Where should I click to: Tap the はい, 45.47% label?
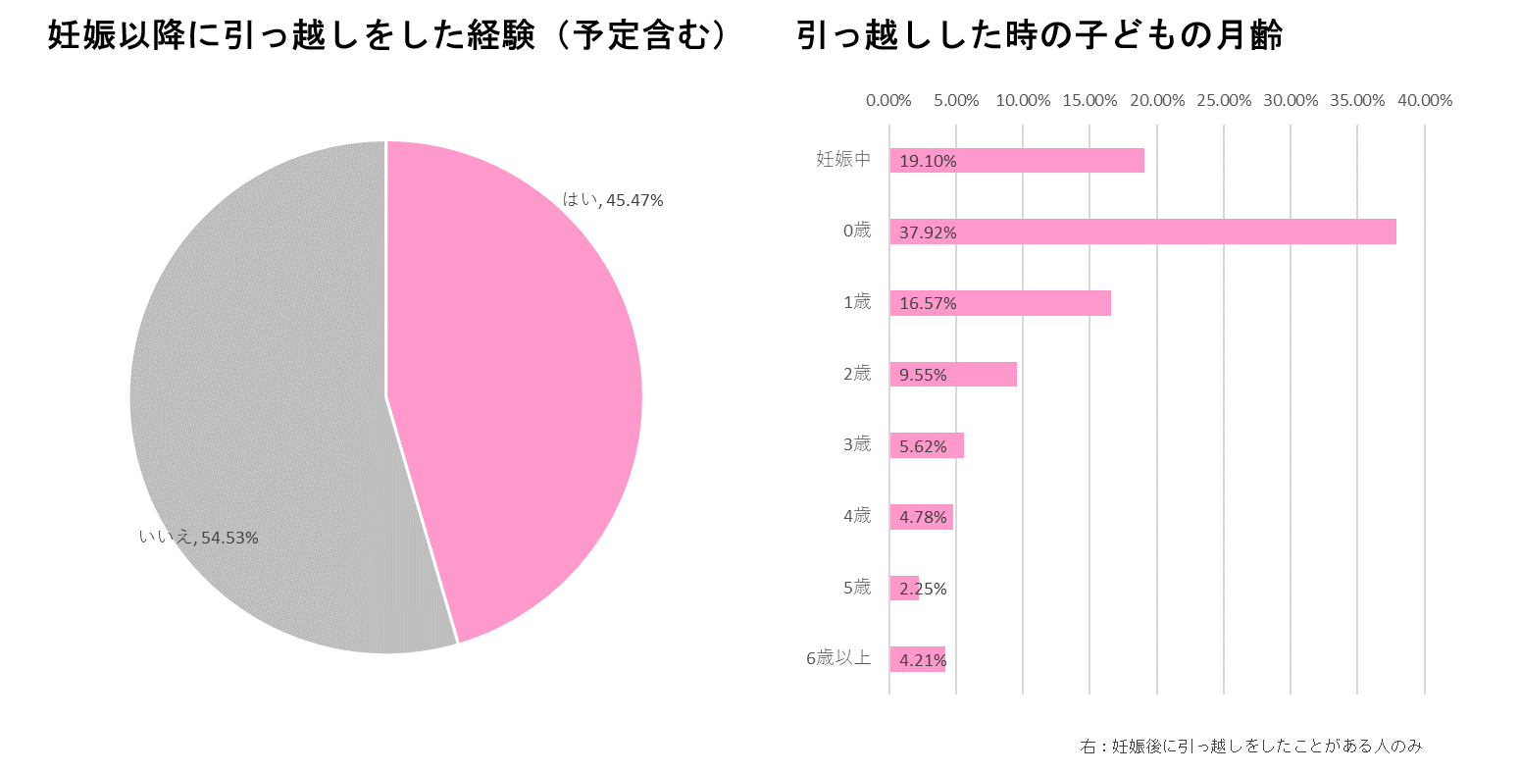pyautogui.click(x=613, y=200)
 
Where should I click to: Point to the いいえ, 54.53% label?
pyautogui.click(x=198, y=538)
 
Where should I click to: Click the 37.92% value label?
pyautogui.click(x=928, y=232)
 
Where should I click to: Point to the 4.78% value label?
pyautogui.click(x=923, y=517)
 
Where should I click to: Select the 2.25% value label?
pyautogui.click(x=923, y=589)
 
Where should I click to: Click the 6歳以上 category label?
pyautogui.click(x=838, y=658)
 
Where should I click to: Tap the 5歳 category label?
pyautogui.click(x=857, y=588)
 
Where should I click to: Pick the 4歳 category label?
pyautogui.click(x=857, y=515)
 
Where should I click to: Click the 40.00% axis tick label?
pyautogui.click(x=1424, y=100)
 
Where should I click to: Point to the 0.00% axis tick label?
pyautogui.click(x=888, y=100)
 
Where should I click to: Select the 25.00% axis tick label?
pyautogui.click(x=1224, y=100)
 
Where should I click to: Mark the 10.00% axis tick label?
pyautogui.click(x=1023, y=100)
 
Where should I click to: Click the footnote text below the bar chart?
pyautogui.click(x=1250, y=747)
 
